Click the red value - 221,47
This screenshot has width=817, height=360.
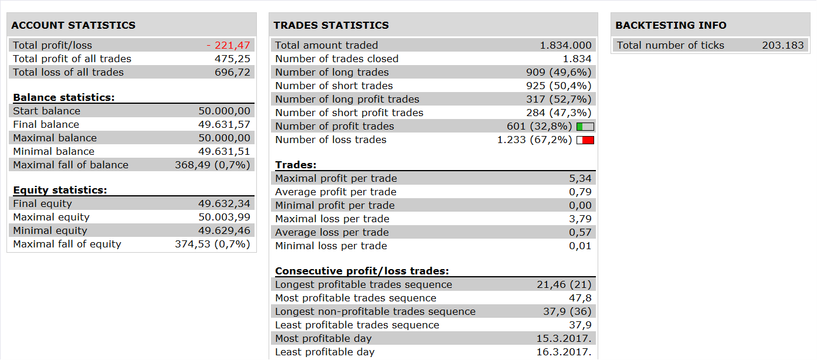point(228,45)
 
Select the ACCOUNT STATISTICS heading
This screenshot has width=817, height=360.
point(73,25)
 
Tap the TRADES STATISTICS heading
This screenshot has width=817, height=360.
point(331,25)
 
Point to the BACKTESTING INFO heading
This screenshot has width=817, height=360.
point(671,25)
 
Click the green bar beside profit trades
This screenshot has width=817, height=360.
point(579,127)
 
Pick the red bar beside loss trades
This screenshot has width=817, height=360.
point(588,140)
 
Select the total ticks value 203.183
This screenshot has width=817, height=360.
point(783,45)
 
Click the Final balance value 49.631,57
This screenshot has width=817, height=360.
point(224,124)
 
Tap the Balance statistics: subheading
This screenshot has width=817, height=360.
point(64,97)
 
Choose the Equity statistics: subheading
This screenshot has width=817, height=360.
point(60,190)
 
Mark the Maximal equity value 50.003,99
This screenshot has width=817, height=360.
point(224,217)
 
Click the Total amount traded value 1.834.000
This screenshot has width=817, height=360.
point(566,45)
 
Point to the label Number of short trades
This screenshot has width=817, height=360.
point(334,86)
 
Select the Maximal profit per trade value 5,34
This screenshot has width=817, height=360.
point(580,178)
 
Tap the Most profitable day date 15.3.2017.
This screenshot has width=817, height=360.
point(564,338)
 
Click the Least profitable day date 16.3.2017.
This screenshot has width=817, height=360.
point(564,352)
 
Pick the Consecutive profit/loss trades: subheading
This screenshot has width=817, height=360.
point(362,271)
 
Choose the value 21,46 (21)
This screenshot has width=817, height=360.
point(564,284)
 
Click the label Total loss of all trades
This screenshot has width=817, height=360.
point(68,72)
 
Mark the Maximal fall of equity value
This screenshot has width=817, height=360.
point(213,244)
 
